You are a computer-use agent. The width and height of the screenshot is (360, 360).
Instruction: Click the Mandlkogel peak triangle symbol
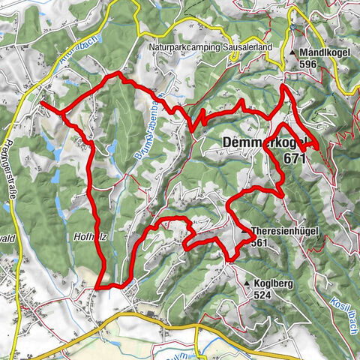[x=294, y=53]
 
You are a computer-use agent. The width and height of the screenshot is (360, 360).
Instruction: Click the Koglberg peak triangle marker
[x=247, y=283]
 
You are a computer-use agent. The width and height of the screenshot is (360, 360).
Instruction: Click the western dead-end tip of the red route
[x=40, y=103]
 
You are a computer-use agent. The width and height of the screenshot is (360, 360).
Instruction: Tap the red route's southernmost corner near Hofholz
[x=100, y=286]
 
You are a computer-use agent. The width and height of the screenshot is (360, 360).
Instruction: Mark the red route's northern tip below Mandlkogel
[x=283, y=88]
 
